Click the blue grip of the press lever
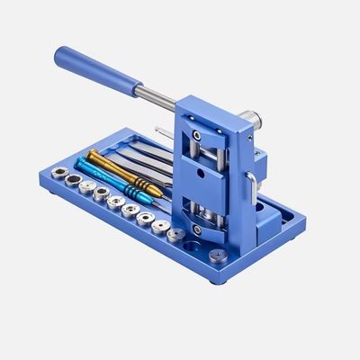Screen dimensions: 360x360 pos(94,68)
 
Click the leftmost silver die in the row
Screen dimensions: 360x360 pos(55,171)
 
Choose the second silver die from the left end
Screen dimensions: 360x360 pos(69,179)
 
